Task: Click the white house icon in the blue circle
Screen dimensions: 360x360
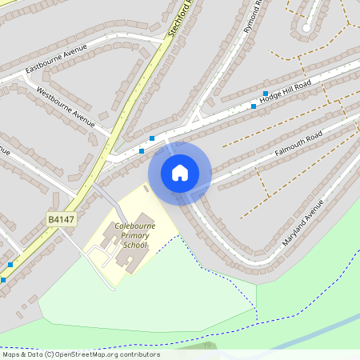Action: [x=180, y=173]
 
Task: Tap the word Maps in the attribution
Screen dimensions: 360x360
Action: [x=10, y=354]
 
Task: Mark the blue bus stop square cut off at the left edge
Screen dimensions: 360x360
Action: [x=3, y=280]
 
